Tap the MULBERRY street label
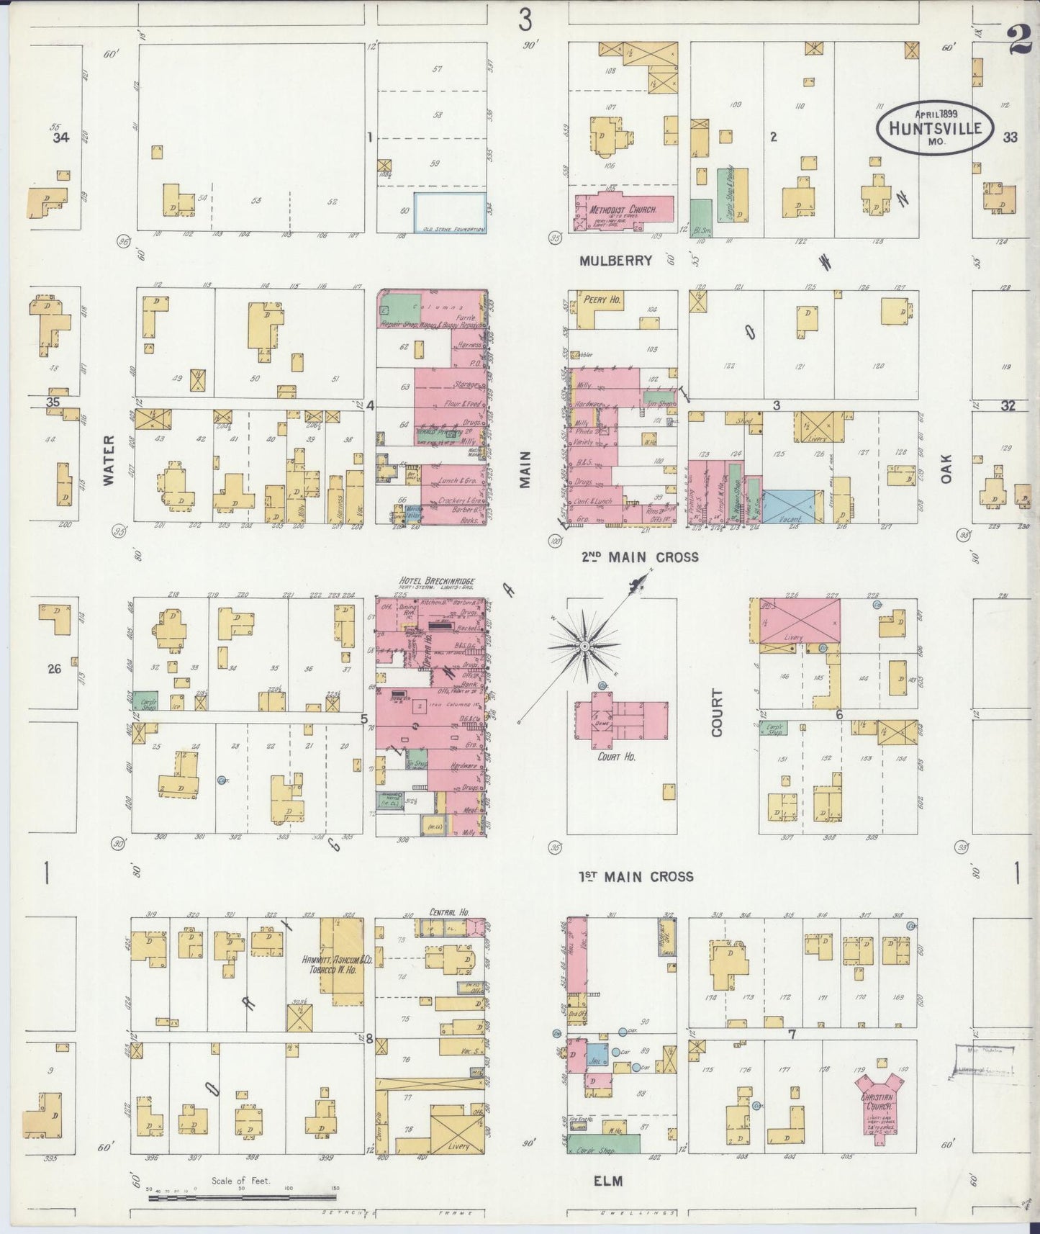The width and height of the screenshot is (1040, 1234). [615, 261]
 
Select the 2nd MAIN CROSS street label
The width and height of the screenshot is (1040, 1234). [640, 557]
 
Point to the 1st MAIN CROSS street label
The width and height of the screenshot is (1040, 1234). [636, 876]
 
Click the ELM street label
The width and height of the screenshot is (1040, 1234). [608, 1181]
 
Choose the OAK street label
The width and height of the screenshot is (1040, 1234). [946, 468]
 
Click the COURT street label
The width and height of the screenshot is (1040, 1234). [717, 712]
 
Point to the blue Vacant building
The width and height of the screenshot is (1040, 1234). [792, 508]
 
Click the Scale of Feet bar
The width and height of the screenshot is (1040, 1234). [242, 1198]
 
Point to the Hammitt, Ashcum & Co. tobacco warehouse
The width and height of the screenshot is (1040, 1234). [341, 962]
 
